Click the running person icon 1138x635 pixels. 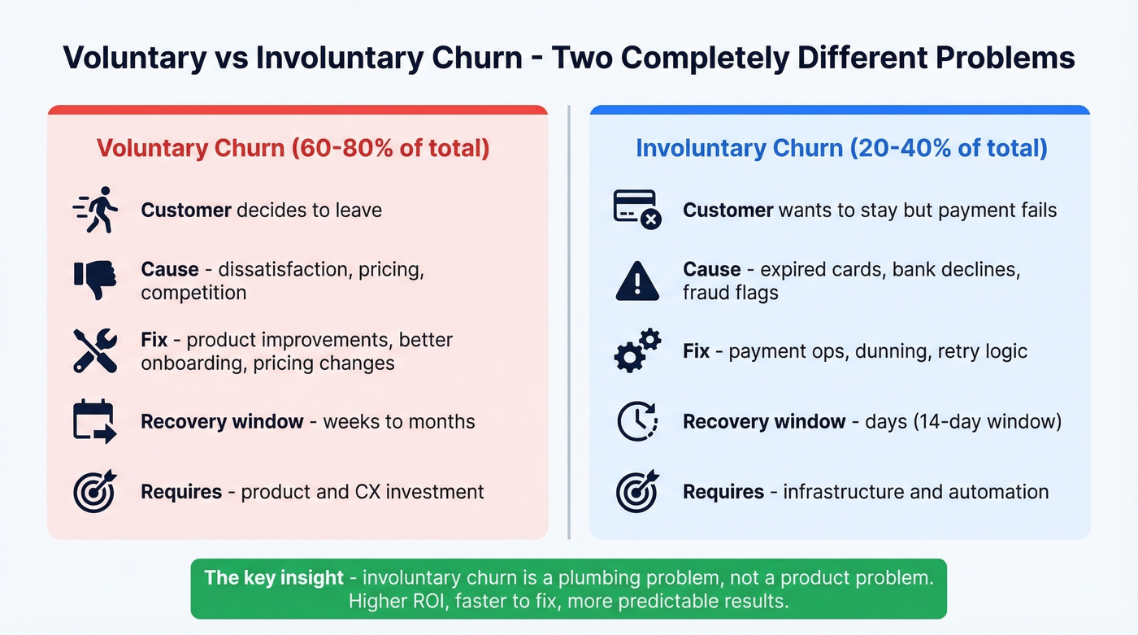tap(95, 210)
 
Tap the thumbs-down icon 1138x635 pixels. tap(95, 281)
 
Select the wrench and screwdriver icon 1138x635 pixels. tap(95, 350)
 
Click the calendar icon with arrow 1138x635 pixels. tap(95, 421)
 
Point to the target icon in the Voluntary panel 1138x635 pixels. tap(95, 491)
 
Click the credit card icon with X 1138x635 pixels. tap(636, 210)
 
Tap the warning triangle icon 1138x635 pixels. tap(636, 281)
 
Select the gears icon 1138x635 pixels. tap(636, 350)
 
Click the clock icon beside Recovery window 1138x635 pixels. tap(636, 421)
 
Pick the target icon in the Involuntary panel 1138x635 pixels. tap(636, 491)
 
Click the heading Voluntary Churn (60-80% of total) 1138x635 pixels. tap(293, 148)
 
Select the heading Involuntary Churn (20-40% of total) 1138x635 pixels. tap(841, 148)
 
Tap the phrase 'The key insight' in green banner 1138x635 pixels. tap(274, 578)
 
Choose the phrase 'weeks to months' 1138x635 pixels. tap(399, 421)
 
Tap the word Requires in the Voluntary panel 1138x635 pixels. tap(181, 492)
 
